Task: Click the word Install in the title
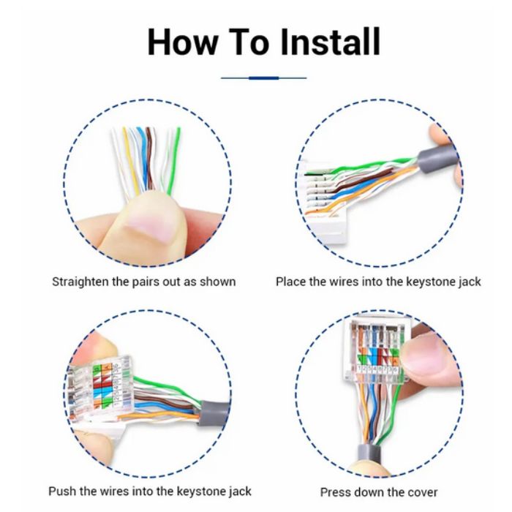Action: click(x=331, y=42)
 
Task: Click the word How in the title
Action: click(x=183, y=42)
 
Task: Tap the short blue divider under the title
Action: click(x=263, y=78)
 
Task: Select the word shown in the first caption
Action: click(x=217, y=282)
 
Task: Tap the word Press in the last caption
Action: click(x=336, y=492)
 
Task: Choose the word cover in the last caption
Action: click(x=422, y=492)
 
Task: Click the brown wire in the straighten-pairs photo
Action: click(x=150, y=159)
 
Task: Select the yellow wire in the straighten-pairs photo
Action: click(x=130, y=161)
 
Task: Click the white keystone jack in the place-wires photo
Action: click(x=323, y=203)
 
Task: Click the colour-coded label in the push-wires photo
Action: click(x=103, y=386)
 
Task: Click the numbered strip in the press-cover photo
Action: click(x=377, y=369)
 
